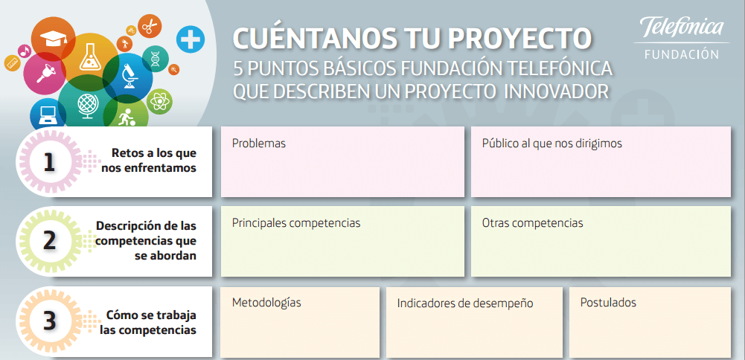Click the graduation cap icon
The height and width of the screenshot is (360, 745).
[52, 38]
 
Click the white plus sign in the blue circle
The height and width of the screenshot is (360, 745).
[190, 39]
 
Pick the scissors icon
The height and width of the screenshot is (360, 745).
[149, 25]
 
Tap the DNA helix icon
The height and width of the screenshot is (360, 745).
[155, 58]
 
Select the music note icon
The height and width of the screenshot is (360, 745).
[25, 50]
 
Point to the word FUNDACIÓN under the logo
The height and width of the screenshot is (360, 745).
[682, 54]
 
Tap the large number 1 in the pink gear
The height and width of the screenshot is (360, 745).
[49, 162]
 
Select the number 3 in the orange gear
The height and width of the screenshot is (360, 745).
[49, 321]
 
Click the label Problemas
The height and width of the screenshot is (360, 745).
[259, 144]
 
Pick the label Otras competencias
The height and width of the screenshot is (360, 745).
[533, 222]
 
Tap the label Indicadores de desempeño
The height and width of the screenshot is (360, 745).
[465, 303]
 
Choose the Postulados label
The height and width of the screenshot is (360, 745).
[608, 303]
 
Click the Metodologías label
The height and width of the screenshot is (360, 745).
[266, 303]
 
